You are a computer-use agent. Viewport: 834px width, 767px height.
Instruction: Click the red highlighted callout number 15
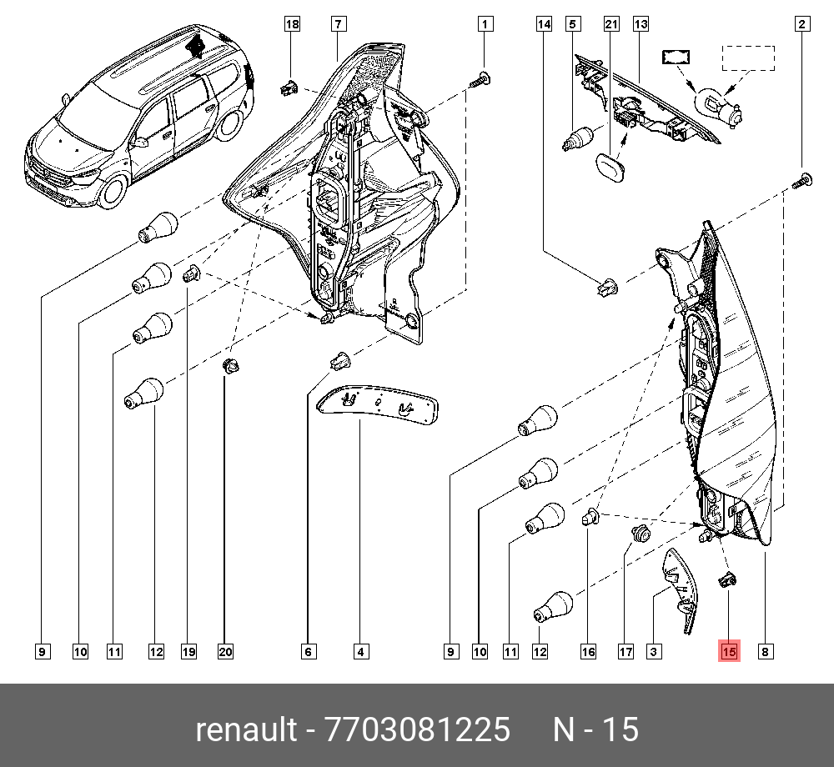(729, 652)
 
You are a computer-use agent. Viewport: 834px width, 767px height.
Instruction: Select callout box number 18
(292, 25)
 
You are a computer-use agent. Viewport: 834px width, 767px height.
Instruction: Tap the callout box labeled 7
(338, 25)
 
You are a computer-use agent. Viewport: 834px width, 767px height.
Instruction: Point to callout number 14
(544, 25)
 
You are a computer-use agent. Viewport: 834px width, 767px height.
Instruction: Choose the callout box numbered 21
(611, 25)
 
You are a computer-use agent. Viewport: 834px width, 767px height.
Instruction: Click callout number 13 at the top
(641, 25)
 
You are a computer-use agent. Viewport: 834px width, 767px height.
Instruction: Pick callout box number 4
(360, 652)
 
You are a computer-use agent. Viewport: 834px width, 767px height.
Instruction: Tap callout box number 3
(654, 652)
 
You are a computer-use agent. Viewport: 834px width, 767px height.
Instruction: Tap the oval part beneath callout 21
(611, 163)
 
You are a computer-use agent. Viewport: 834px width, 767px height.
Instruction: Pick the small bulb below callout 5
(578, 138)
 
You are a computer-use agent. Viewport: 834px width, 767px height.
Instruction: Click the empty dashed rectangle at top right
(747, 58)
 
